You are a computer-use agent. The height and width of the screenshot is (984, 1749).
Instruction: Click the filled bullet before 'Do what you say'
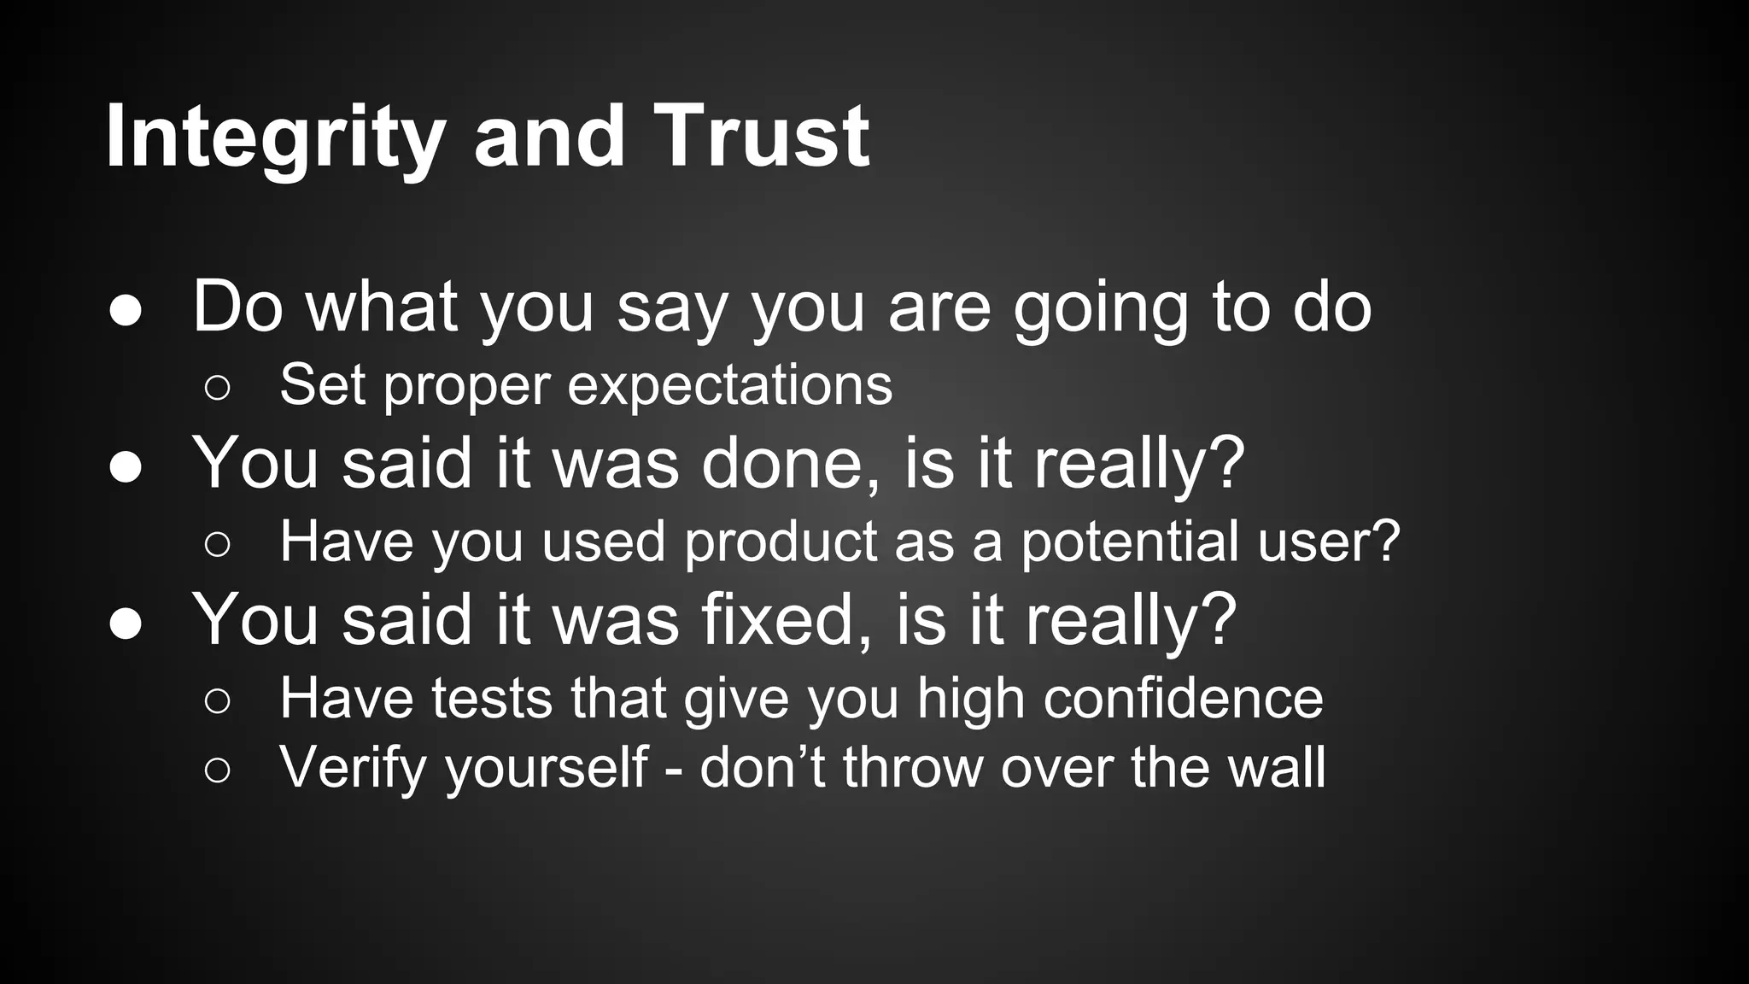126,312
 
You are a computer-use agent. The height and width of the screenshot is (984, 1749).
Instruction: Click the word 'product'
781,542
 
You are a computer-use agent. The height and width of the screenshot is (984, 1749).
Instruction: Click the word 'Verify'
353,768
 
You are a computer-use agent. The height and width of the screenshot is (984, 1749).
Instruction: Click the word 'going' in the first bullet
1100,309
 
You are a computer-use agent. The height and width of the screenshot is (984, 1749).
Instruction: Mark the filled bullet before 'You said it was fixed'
126,624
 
